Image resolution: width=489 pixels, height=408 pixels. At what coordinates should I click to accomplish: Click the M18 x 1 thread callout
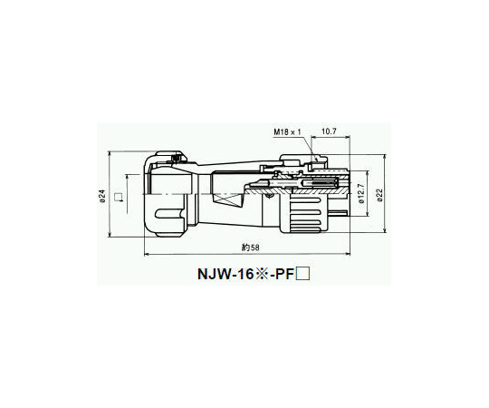tap(288, 132)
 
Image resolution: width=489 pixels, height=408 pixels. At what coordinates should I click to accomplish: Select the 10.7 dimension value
tap(329, 131)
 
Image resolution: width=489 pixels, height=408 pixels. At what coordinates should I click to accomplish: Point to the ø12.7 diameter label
tap(361, 193)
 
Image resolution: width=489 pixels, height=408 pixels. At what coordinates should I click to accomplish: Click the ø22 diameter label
tap(379, 195)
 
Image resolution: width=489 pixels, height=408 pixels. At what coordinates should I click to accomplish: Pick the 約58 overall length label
tap(251, 248)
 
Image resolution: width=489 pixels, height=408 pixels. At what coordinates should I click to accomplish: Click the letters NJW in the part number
tap(214, 275)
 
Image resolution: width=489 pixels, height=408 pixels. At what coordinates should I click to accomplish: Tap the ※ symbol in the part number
tap(263, 275)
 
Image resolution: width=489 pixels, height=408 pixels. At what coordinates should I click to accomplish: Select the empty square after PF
tap(302, 275)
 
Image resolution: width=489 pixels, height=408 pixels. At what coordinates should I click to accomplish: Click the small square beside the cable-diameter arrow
tap(118, 197)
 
